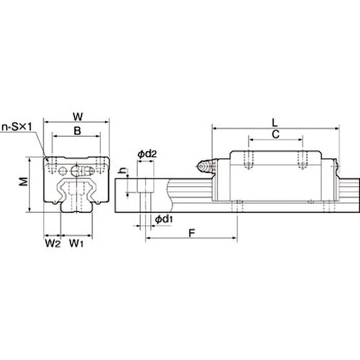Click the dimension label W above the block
tap(78, 117)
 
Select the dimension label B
tap(77, 131)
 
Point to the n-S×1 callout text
tap(17, 127)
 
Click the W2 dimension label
tap(53, 243)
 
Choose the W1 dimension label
tap(76, 243)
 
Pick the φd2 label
tap(147, 154)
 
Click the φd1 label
tap(164, 220)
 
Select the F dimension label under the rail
tap(192, 233)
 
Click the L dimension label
tap(275, 123)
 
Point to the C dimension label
tap(275, 134)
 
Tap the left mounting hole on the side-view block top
tap(249, 160)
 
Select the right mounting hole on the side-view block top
tap(302, 160)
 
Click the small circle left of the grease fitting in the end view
tap(63, 171)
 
